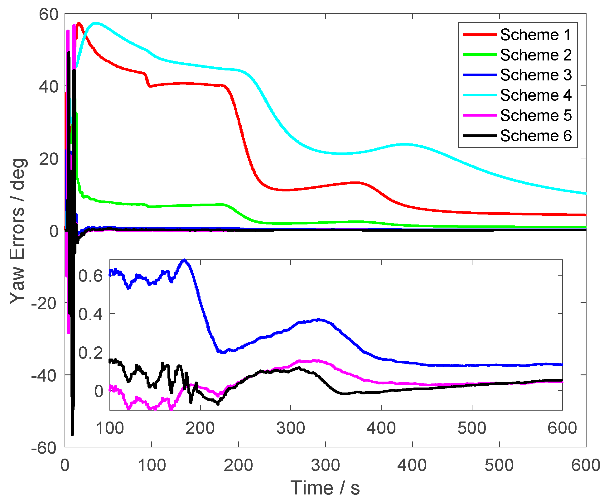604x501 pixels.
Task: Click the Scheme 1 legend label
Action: pyautogui.click(x=535, y=35)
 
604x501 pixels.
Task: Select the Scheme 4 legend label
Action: pyautogui.click(x=535, y=95)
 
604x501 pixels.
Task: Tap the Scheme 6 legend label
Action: pyautogui.click(x=535, y=136)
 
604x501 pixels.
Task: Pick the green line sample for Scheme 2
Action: pyautogui.click(x=479, y=55)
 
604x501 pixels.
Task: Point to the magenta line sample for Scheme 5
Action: pyautogui.click(x=479, y=115)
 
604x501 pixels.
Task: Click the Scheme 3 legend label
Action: pyautogui.click(x=535, y=75)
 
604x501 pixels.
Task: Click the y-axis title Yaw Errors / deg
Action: pyautogui.click(x=18, y=231)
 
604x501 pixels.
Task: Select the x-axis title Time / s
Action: pyautogui.click(x=325, y=488)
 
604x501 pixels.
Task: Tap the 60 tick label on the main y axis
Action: pyautogui.click(x=48, y=14)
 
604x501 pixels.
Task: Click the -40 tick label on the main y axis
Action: pyautogui.click(x=45, y=375)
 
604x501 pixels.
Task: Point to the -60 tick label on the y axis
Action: pyautogui.click(x=45, y=448)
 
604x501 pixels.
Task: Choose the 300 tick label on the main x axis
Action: pyautogui.click(x=325, y=465)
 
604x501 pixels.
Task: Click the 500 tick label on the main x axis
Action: pyautogui.click(x=499, y=465)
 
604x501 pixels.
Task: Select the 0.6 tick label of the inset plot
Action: pyautogui.click(x=90, y=276)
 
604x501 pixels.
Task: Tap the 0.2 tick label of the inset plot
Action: pyautogui.click(x=90, y=353)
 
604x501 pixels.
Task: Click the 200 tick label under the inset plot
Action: pyautogui.click(x=200, y=428)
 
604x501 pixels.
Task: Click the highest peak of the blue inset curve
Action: pyautogui.click(x=185, y=260)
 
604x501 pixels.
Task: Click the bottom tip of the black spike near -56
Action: pyautogui.click(x=72, y=435)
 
